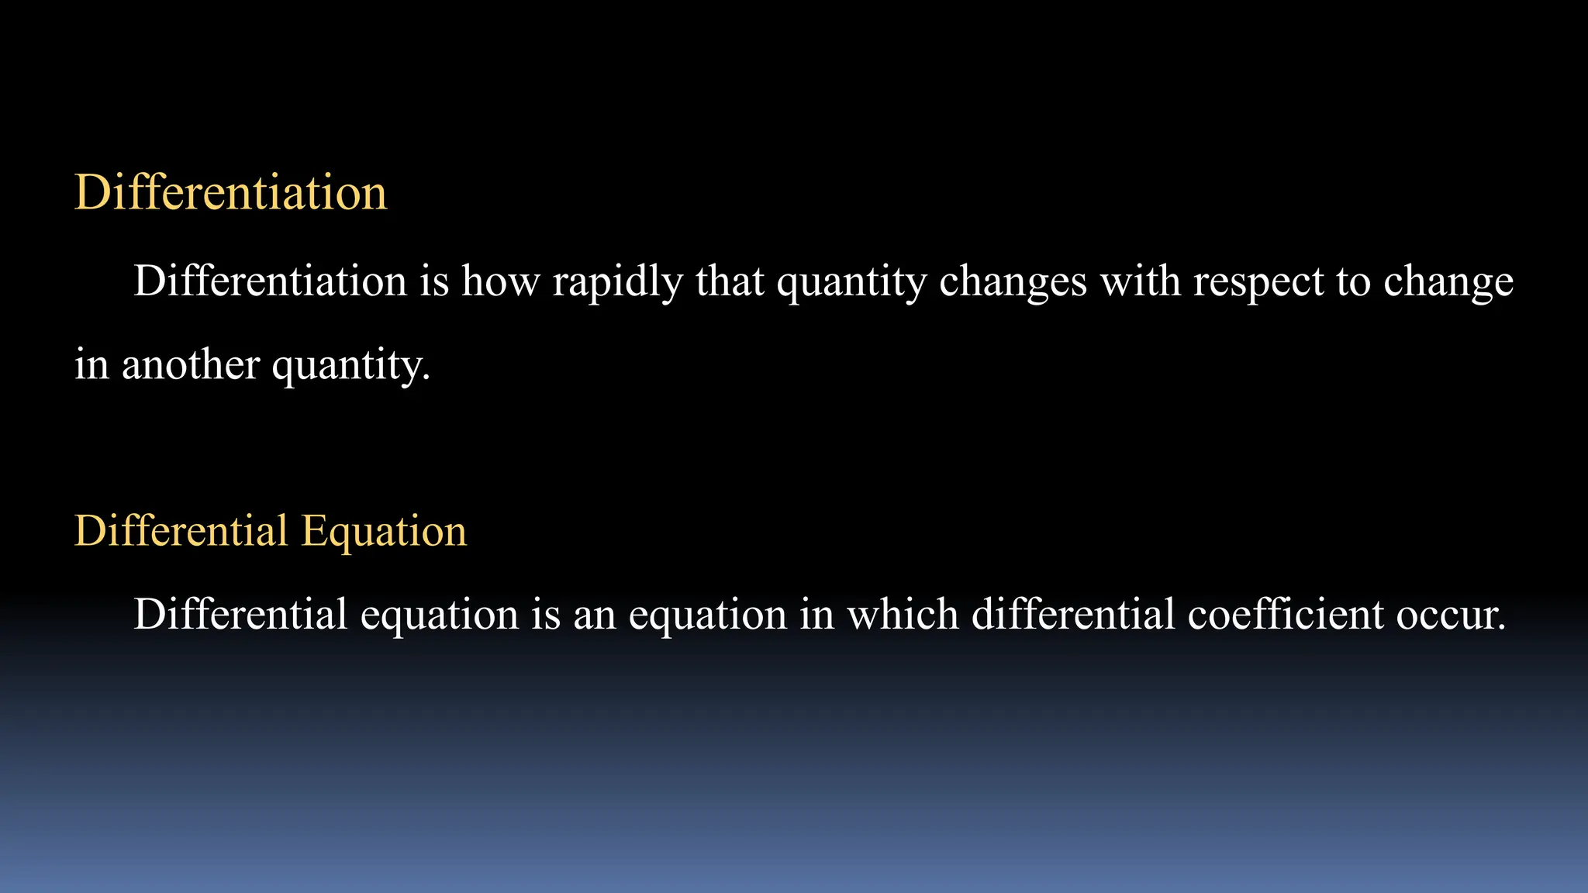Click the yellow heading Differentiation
tap(230, 192)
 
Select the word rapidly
tap(618, 281)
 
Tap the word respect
tap(1258, 281)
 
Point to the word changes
tap(1013, 281)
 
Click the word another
tap(190, 364)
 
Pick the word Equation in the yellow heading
tap(384, 531)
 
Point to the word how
tap(500, 281)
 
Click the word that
tap(730, 281)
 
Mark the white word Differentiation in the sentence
tap(270, 281)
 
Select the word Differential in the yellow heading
tap(181, 531)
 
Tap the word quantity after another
tap(350, 364)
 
